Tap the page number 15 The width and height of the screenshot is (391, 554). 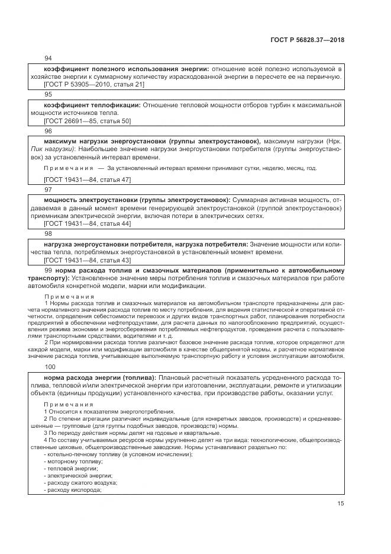click(341, 503)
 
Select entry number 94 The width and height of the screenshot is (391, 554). click(49, 58)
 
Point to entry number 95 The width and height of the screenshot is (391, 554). click(49, 94)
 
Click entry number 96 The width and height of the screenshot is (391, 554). click(49, 131)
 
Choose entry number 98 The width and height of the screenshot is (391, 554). click(49, 233)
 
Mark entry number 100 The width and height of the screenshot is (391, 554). click(50, 367)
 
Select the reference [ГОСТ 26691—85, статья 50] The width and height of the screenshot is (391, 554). click(88, 121)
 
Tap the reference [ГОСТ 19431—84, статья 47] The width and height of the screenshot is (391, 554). click(88, 179)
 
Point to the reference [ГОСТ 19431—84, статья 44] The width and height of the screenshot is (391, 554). click(88, 223)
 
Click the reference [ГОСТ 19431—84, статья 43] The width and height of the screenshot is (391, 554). click(88, 260)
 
